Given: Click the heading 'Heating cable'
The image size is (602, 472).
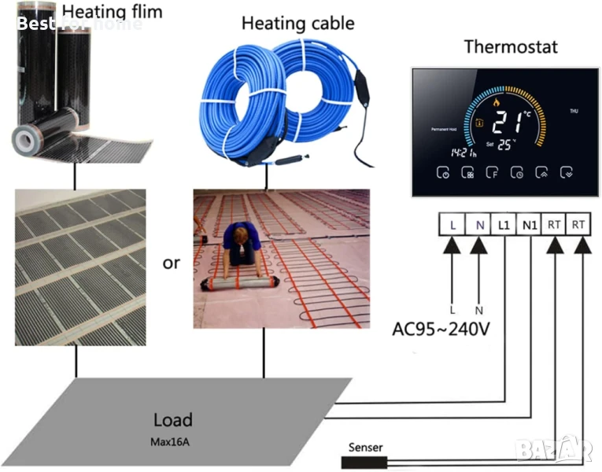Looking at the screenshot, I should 297,23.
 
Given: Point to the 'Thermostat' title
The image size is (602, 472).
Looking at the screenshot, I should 511,46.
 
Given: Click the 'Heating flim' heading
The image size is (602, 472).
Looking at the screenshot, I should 112,11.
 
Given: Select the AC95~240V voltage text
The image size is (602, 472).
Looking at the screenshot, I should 441,327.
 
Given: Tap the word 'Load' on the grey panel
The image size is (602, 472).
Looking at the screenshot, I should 172,419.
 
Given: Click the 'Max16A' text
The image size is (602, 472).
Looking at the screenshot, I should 169,441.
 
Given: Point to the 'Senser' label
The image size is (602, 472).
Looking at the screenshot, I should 365,448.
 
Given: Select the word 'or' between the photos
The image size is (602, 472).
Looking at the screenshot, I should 171,263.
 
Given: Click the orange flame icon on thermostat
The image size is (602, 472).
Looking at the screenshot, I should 495,101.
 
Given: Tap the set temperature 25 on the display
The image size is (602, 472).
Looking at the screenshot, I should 503,144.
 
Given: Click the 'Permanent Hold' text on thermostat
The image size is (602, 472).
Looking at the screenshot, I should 445,128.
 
